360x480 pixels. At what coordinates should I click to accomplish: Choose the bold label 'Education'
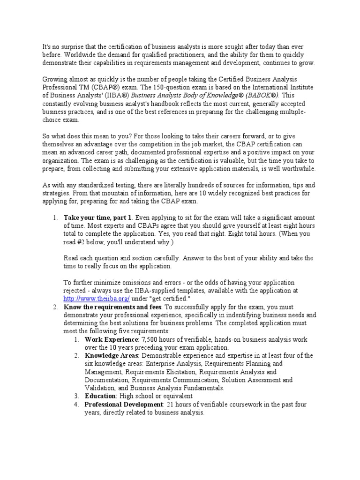click(x=99, y=396)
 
